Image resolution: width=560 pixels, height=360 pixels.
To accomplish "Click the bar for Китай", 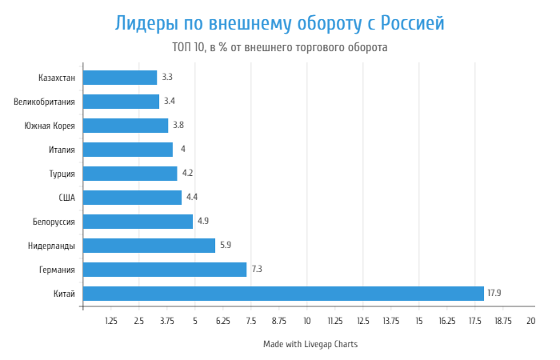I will click(283, 294).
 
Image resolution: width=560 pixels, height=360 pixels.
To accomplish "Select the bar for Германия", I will click(165, 270).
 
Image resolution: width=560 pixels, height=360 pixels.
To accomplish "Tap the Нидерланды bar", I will click(149, 246).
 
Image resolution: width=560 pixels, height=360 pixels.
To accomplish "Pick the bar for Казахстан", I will click(120, 78).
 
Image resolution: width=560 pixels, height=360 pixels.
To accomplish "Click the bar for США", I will click(132, 198).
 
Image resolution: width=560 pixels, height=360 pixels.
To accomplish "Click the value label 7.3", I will click(257, 270).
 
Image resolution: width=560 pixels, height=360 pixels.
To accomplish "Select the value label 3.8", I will click(178, 126).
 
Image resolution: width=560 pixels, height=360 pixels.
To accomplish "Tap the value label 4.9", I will click(203, 222).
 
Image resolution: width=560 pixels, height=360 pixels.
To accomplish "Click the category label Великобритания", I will click(44, 102).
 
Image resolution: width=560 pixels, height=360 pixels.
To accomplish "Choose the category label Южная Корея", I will click(50, 126).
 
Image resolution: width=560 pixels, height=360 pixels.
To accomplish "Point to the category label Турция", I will click(62, 174).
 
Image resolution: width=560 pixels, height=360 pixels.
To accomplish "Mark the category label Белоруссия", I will click(54, 222).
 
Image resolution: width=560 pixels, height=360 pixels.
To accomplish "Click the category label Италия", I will click(62, 150).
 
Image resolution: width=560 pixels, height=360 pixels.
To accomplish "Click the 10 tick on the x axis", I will click(306, 321).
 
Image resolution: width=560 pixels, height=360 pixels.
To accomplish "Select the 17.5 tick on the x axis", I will click(474, 321).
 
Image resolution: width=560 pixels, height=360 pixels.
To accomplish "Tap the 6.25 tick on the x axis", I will click(222, 321).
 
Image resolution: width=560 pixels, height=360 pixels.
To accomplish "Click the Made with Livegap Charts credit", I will click(310, 344).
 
